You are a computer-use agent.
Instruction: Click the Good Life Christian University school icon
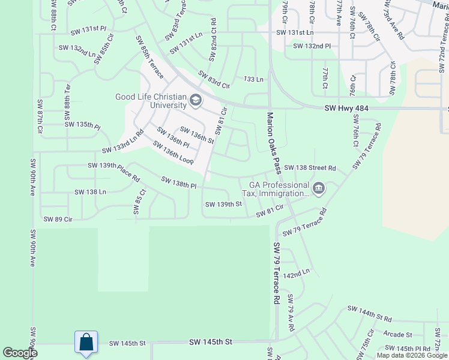point(196,100)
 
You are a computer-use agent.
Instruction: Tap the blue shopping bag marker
point(86,343)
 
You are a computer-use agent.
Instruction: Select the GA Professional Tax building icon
point(319,189)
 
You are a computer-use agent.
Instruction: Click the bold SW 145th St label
point(211,342)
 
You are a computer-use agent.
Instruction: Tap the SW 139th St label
point(223,205)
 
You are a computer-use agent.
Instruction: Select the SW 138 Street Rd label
point(310,168)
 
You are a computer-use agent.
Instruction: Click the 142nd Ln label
point(297,272)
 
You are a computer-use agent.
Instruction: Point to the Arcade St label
point(399,335)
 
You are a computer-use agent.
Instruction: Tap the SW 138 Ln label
point(90,192)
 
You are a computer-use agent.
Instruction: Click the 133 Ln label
point(253,79)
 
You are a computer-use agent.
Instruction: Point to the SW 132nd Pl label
point(312,46)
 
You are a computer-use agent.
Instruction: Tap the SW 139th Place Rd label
point(113,172)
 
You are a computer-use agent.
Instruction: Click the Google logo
point(20,353)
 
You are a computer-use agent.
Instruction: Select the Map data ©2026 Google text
point(411,355)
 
